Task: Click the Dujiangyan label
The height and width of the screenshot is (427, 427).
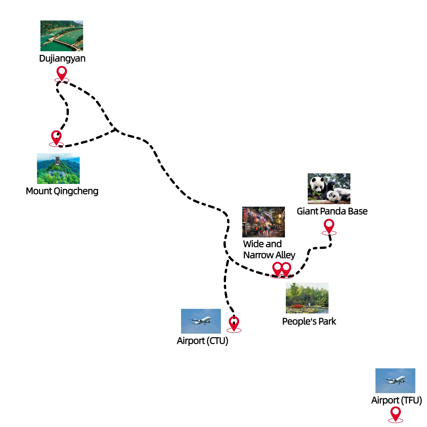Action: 62,58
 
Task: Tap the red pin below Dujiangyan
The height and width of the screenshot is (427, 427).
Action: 62,72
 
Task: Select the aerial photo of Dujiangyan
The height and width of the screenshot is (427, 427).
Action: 62,36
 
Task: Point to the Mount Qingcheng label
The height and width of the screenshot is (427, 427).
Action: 62,191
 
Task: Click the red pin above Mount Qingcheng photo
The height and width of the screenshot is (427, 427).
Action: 56,137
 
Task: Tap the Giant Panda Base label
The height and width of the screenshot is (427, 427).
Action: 332,211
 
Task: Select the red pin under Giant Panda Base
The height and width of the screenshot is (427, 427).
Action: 329,225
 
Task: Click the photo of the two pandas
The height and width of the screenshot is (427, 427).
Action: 329,188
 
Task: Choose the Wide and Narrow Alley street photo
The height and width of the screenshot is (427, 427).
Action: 263,222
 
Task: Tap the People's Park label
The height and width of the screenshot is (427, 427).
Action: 309,321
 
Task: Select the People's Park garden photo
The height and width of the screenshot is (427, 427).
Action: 307,298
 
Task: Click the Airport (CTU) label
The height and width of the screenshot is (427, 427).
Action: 202,341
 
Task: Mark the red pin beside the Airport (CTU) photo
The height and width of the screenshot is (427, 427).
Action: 234,323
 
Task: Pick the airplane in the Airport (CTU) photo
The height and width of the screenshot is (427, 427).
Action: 200,321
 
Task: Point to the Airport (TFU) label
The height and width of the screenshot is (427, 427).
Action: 396,400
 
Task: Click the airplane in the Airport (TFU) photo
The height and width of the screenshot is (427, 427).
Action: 395,380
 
